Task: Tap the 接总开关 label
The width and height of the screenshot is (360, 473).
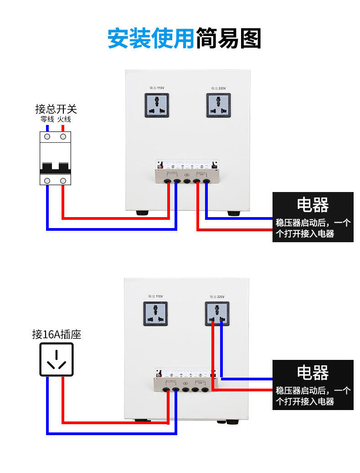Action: [56, 109]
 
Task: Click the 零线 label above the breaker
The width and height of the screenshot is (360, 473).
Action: [47, 119]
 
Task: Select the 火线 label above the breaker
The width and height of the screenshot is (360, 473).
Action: [64, 119]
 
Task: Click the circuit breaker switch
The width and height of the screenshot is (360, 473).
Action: [56, 158]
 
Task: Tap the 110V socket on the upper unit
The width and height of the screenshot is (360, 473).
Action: [157, 105]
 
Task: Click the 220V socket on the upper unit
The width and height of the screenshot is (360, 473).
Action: [218, 105]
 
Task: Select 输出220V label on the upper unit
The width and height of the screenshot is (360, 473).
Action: [218, 88]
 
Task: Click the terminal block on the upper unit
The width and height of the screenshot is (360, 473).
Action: [187, 173]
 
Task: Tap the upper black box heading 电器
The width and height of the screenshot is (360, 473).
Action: [313, 205]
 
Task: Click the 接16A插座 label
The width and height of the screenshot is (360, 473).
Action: [57, 334]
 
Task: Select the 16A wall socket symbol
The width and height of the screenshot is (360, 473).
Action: [56, 359]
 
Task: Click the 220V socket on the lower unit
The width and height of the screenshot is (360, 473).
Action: [217, 314]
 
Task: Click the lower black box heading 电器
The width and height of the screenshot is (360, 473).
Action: [313, 372]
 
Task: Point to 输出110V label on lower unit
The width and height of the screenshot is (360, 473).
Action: [155, 296]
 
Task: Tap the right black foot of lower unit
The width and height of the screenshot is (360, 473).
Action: [232, 421]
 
